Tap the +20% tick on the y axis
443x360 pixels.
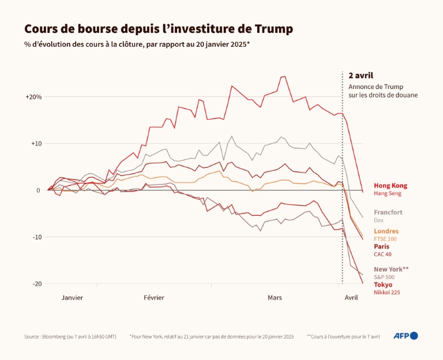[33, 97]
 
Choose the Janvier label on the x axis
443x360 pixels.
[72, 298]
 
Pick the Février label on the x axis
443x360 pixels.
[154, 298]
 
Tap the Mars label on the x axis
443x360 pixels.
[275, 298]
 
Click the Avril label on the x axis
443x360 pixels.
[351, 298]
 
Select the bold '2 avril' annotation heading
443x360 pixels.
[361, 76]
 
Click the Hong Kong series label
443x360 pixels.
[391, 186]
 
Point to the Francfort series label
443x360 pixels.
[388, 212]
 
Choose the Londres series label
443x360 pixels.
[386, 231]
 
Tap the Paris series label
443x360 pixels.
[381, 246]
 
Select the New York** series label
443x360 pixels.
[391, 269]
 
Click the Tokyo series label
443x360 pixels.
[383, 284]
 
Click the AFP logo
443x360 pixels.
[406, 336]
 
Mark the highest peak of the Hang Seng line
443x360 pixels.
[283, 77]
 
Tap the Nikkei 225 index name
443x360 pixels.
[387, 292]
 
